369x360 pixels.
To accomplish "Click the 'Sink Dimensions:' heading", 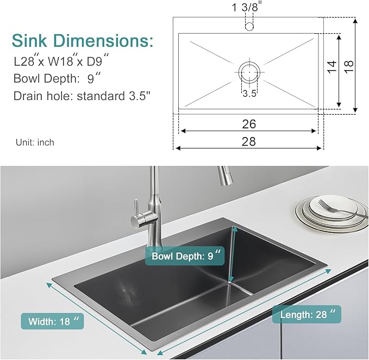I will [83, 41].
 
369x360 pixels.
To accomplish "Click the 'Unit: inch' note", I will [35, 142].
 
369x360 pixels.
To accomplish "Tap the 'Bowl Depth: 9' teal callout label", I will [185, 256].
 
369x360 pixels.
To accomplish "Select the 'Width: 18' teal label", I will [53, 321].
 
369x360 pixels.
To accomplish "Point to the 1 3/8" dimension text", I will [247, 8].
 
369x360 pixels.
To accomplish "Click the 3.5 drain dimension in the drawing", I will [249, 93].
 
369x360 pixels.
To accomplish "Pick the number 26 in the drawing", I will [249, 124].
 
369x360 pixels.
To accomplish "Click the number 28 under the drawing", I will [249, 141].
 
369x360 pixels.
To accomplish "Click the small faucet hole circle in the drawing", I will [249, 26].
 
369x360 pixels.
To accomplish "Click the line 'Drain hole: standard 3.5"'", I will [82, 96].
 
